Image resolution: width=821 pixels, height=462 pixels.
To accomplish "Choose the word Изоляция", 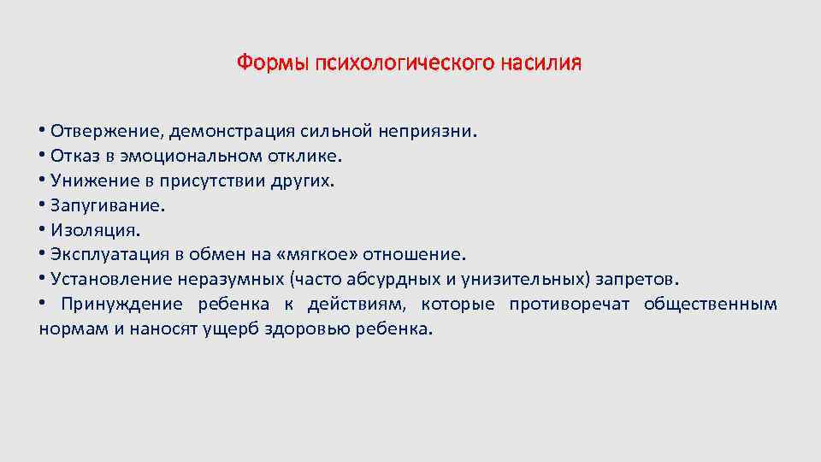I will tap(93, 230).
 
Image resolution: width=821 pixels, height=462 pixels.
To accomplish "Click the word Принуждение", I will tap(121, 305).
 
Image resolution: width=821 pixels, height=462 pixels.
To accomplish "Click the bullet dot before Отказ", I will tap(43, 157).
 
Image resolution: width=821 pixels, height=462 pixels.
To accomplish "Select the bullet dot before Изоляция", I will tap(43, 230).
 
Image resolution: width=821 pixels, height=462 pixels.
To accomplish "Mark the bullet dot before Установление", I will tap(43, 280).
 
